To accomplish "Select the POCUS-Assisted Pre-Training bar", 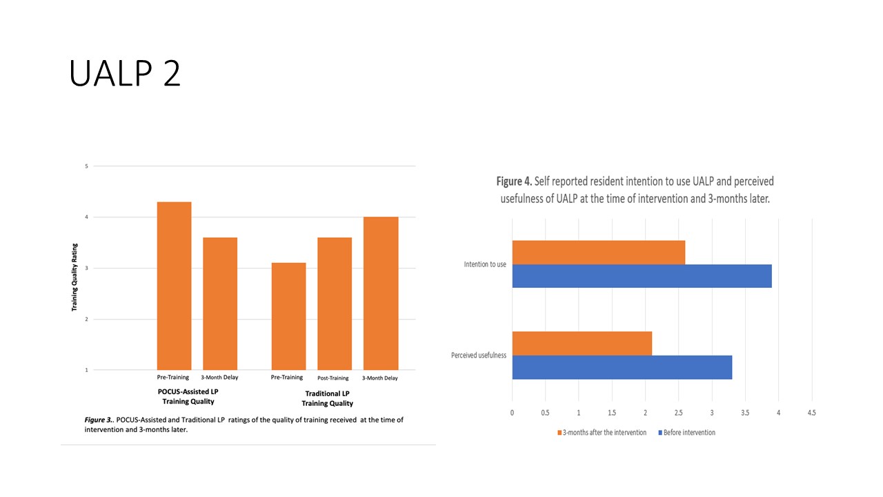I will pos(175,286).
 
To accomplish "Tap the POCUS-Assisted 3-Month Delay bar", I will pos(219,304).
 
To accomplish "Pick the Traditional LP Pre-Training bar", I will pos(288,316).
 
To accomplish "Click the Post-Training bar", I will pos(335,304).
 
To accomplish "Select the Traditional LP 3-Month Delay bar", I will pos(381,293).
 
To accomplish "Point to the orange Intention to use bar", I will pos(598,253).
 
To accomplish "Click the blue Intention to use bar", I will pos(642,276).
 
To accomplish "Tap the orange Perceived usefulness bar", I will pos(582,343).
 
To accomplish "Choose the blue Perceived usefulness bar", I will pos(622,367).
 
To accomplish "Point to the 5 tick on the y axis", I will pos(86,166).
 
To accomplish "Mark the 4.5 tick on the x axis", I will pos(811,413).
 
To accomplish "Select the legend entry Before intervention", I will pos(687,433).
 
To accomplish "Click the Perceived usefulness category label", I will pos(479,355).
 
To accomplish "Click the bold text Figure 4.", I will pos(514,182).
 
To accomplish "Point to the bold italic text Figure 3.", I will pos(99,420).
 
